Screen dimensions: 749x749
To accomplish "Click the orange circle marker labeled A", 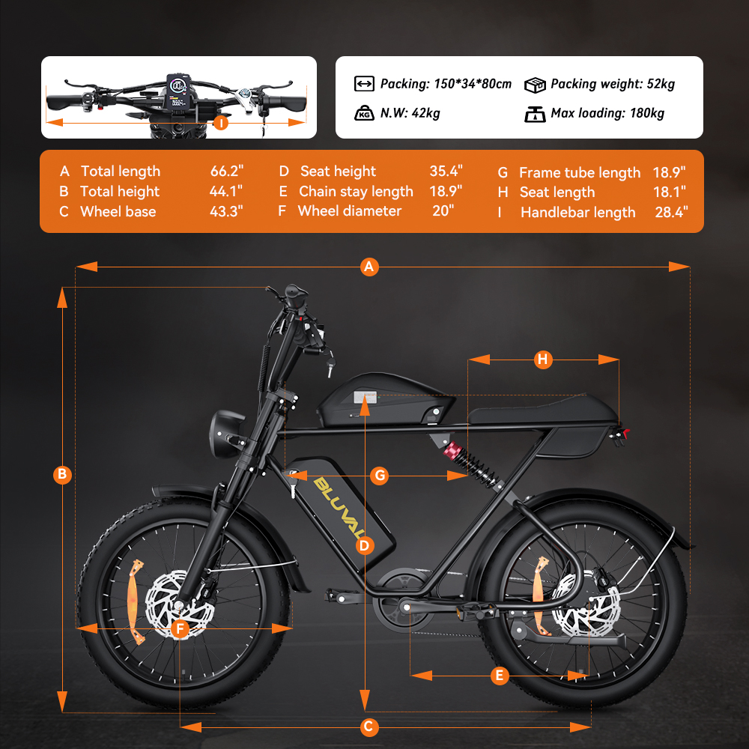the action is point(369,267).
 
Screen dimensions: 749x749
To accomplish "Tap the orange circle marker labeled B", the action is point(62,474).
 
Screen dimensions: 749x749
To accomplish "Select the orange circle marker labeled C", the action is point(369,727).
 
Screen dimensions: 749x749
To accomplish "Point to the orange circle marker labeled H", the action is point(542,360).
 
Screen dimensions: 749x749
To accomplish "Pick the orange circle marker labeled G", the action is point(380,476).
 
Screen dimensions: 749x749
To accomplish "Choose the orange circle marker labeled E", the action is point(500,676).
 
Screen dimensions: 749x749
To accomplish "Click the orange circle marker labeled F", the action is point(180,628).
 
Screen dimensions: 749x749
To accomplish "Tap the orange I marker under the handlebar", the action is point(221,123).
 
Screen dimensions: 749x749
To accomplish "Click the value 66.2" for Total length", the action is point(227,171).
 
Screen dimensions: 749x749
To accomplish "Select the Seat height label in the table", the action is point(338,171).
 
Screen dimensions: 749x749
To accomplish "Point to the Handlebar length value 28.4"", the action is point(671,212).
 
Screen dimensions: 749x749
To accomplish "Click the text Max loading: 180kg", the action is point(607,113).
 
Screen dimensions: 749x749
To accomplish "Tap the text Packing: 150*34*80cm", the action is point(446,84).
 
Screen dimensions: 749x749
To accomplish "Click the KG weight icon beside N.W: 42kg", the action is point(364,113).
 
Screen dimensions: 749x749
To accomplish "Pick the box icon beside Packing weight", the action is point(535,85).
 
